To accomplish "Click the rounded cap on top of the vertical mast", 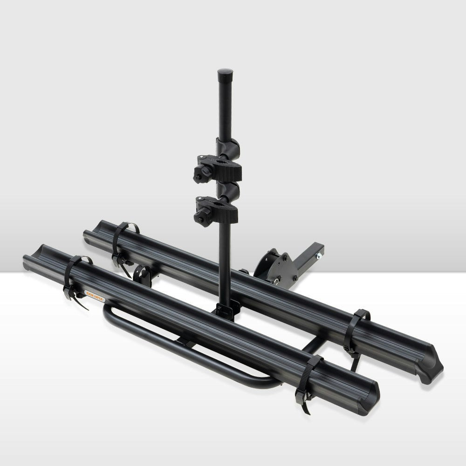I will click(225, 74).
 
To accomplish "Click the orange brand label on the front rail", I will click(95, 294).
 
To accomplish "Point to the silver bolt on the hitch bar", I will click(320, 255).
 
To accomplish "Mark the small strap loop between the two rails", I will click(142, 275).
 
